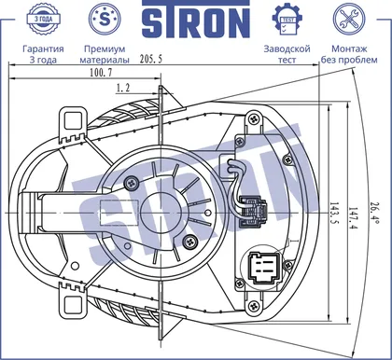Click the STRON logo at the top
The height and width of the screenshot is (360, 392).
(x=196, y=19)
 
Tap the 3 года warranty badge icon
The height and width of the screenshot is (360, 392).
(x=43, y=19)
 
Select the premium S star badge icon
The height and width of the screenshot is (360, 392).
(x=105, y=19)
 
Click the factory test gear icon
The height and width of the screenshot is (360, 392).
(x=287, y=20)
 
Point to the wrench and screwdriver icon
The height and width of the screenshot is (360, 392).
(x=349, y=19)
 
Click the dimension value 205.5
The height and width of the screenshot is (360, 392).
(x=151, y=59)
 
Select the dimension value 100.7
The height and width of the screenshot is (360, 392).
(x=101, y=73)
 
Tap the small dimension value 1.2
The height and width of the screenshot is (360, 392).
(x=123, y=88)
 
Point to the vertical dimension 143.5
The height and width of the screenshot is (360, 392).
(x=334, y=214)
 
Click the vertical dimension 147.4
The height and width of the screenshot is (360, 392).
(x=353, y=218)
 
